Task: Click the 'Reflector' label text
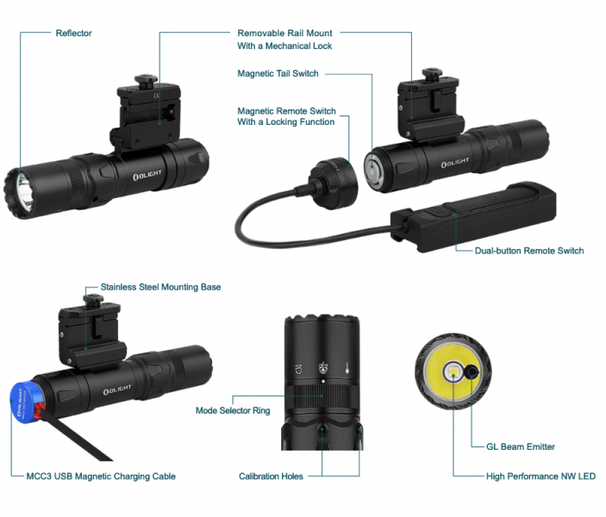click(73, 34)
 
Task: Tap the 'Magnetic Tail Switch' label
click(278, 74)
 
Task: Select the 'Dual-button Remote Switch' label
click(529, 252)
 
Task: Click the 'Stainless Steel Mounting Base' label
click(160, 287)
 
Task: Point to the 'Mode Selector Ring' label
click(233, 411)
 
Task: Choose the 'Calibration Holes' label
click(271, 477)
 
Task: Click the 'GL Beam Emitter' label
click(514, 447)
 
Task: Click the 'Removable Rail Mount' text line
click(284, 34)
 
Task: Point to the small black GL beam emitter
click(473, 372)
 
